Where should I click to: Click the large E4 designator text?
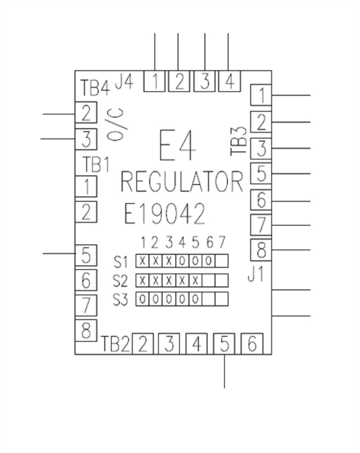tap(178, 146)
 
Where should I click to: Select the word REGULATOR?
tap(182, 183)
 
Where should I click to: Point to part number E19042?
tap(165, 214)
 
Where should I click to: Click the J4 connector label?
tap(124, 82)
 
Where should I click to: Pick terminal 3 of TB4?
tap(86, 139)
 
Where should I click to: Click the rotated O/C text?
tap(116, 126)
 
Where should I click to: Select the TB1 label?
tap(96, 164)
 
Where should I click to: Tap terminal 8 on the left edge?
tap(86, 331)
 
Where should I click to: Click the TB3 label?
tap(239, 141)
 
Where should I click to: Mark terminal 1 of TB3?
tap(261, 95)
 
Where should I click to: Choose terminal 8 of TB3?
tap(261, 249)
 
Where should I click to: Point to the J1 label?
tap(256, 274)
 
